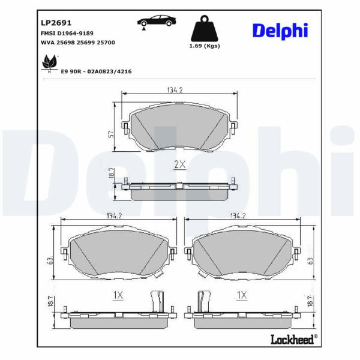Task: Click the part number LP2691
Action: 56,23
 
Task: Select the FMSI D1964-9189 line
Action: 67,33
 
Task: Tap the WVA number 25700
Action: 106,43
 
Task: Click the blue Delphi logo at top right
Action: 280,31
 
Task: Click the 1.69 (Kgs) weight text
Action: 205,46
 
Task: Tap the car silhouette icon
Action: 157,21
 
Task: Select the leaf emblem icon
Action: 49,62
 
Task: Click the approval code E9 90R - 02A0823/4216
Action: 96,71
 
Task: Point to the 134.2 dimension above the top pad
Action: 175,90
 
